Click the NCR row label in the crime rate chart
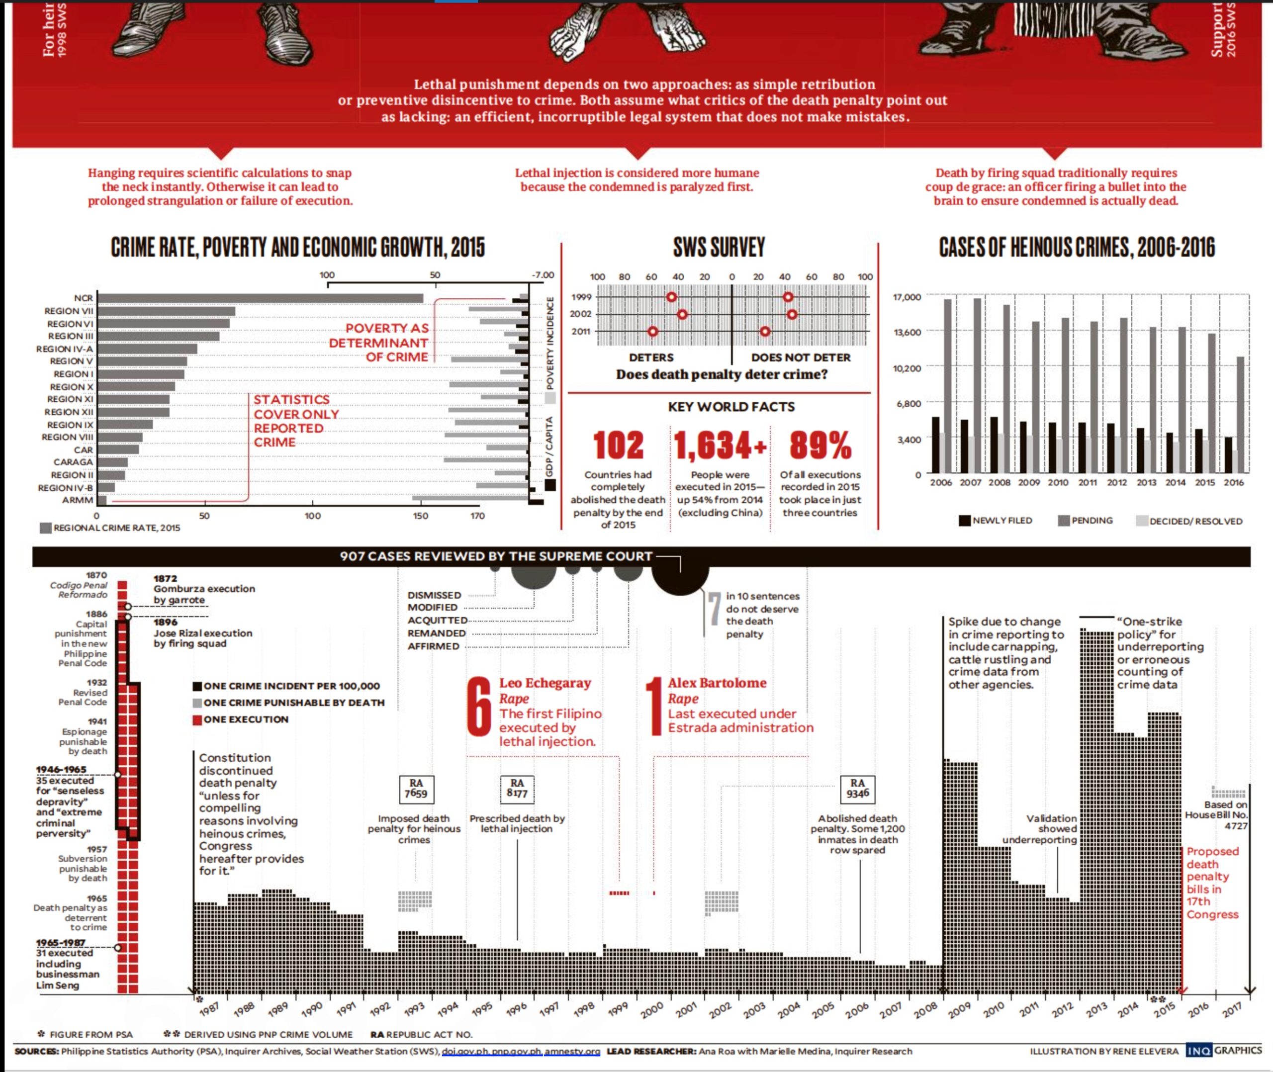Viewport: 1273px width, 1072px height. pyautogui.click(x=83, y=298)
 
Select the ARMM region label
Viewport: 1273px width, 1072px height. pyautogui.click(x=78, y=500)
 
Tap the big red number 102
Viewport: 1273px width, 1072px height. pyautogui.click(x=618, y=446)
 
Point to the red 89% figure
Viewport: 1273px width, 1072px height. pyautogui.click(x=820, y=446)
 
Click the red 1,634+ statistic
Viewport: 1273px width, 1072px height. pyautogui.click(x=720, y=446)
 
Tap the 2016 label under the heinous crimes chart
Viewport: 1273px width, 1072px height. pyautogui.click(x=1234, y=482)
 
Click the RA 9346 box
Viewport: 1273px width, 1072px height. pyautogui.click(x=857, y=788)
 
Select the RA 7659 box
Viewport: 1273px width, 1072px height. pyautogui.click(x=416, y=788)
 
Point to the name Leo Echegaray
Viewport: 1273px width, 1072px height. pyautogui.click(x=545, y=683)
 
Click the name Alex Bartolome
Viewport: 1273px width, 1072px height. pyautogui.click(x=717, y=683)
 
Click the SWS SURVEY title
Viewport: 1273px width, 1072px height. pyautogui.click(x=720, y=247)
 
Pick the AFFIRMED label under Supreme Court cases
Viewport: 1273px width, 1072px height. pyautogui.click(x=433, y=646)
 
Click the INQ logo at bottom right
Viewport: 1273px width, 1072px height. pyautogui.click(x=1197, y=1051)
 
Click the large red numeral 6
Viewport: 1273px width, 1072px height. pyautogui.click(x=479, y=708)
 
